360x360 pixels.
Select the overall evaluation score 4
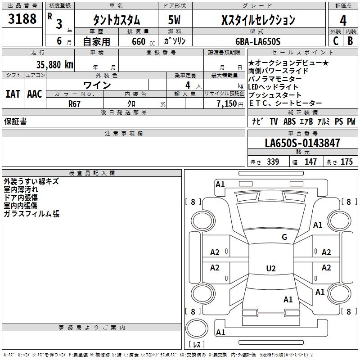pos(343,20)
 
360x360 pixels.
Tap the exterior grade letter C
pos(336,40)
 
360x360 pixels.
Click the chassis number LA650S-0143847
pos(302,143)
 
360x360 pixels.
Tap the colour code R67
pos(75,103)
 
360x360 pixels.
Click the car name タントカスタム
pos(116,20)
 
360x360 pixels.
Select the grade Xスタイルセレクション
pos(258,20)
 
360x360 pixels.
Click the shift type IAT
pos(13,94)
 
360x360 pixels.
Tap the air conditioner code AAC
pos(35,94)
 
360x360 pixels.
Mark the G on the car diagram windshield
pos(284,237)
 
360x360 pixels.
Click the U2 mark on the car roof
pos(270,269)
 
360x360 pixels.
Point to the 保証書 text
pos(15,121)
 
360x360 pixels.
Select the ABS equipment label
pos(289,121)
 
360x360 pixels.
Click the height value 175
pos(346,162)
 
